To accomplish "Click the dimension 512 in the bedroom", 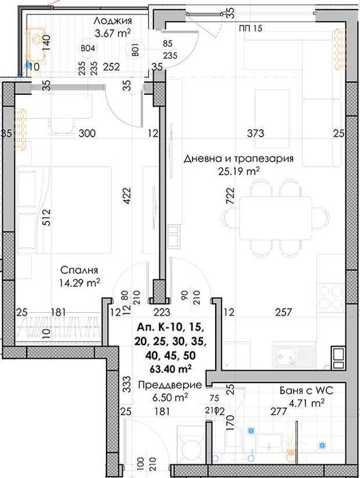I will [x=27, y=218].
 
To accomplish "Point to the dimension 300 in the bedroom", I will [x=86, y=133].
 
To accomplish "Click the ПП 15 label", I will [x=251, y=27].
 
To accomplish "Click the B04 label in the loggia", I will [x=87, y=49].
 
